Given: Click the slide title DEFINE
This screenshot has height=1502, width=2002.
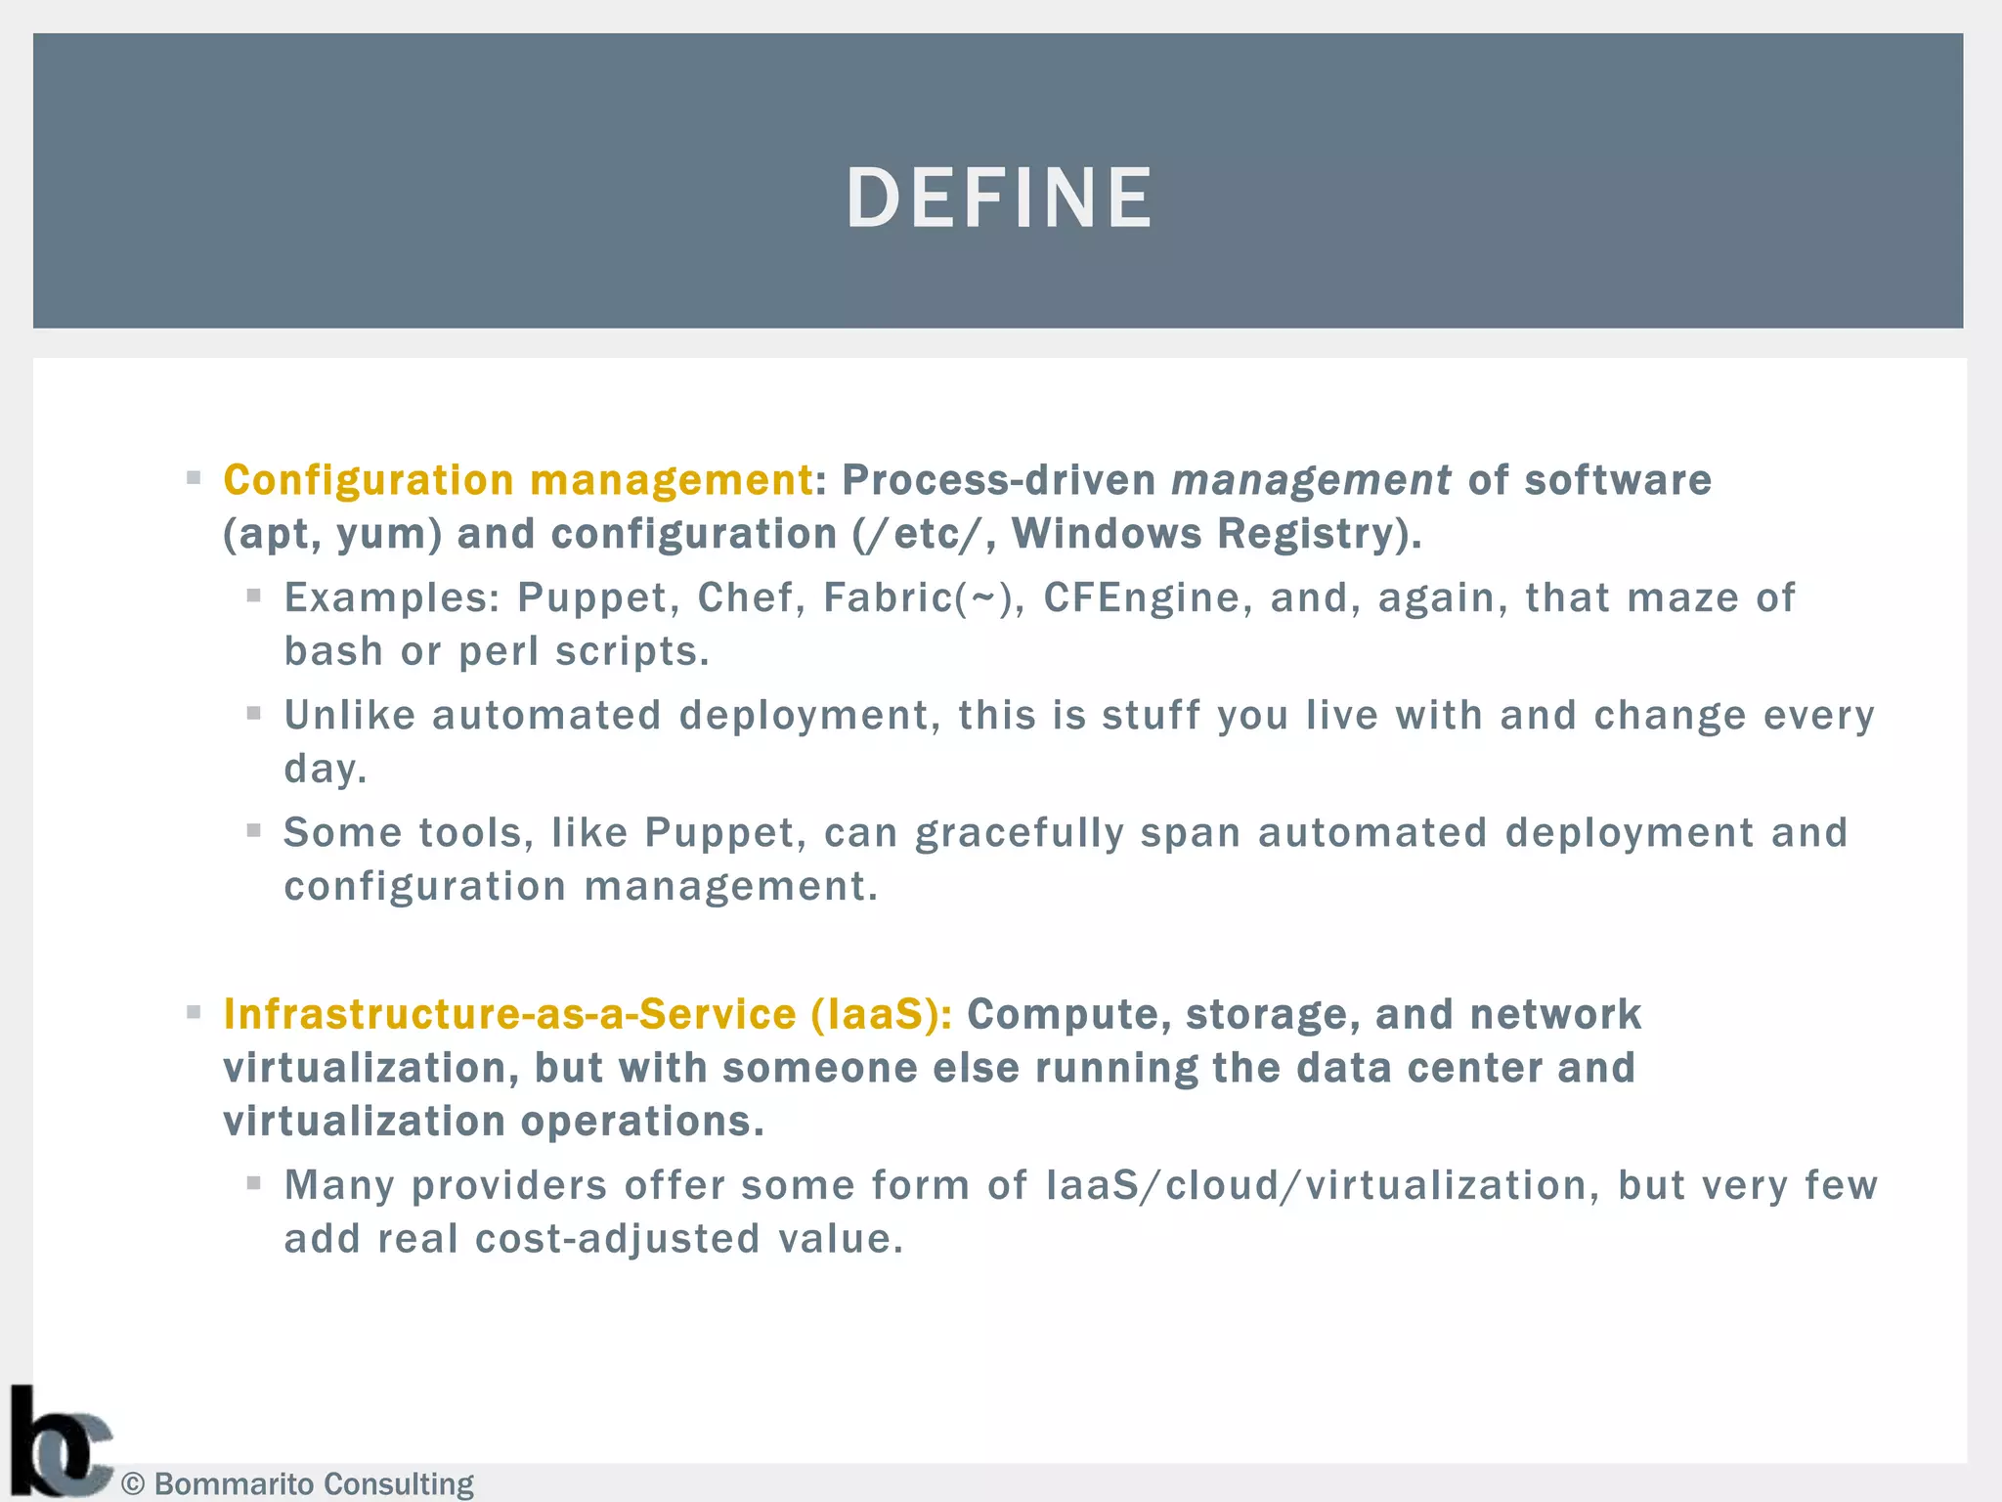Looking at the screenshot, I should tap(999, 199).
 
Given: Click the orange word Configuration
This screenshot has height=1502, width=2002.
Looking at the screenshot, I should tap(369, 481).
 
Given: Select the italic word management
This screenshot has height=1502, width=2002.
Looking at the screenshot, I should tap(1310, 481).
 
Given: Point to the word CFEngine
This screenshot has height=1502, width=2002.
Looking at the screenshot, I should tap(1141, 598).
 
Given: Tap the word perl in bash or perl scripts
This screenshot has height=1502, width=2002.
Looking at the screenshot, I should tap(498, 652).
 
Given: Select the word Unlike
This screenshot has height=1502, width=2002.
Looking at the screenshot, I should tap(350, 716).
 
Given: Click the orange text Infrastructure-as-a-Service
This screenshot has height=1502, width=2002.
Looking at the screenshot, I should tap(509, 1015).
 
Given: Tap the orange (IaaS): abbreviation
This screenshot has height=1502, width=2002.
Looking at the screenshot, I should tap(881, 1015).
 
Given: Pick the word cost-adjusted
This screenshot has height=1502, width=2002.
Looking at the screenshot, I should tap(617, 1240).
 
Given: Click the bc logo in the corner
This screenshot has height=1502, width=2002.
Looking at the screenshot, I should tap(59, 1443).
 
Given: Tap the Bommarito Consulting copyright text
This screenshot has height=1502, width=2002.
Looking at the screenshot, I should tap(298, 1483).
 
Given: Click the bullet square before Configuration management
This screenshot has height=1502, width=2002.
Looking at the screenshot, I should tap(194, 478).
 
